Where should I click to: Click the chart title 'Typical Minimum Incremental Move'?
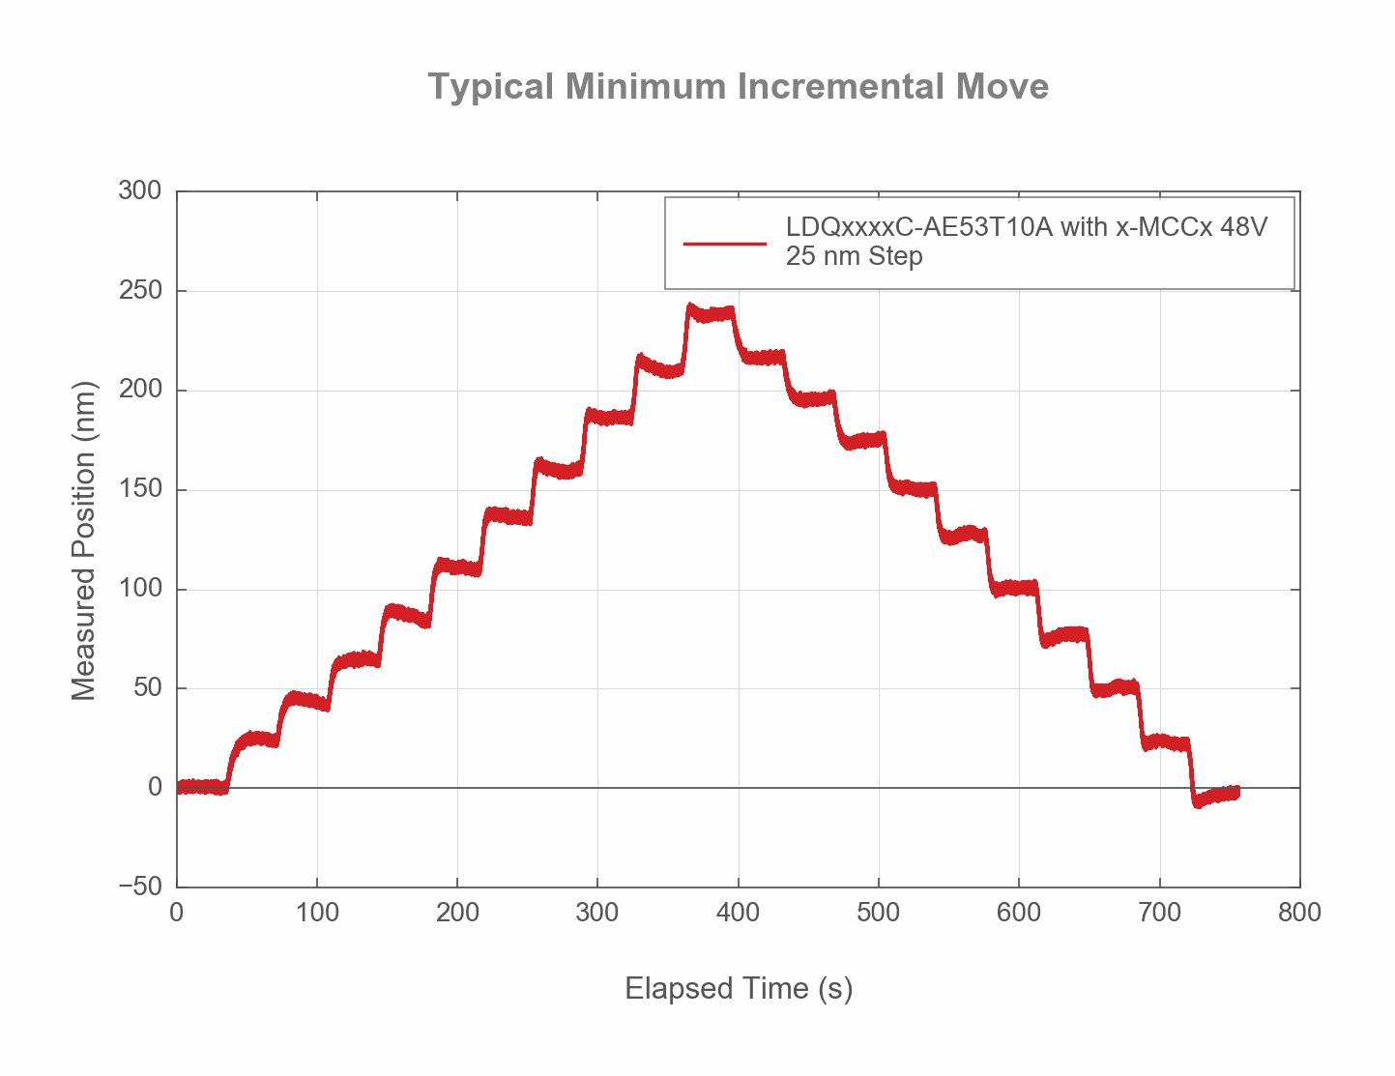pos(738,87)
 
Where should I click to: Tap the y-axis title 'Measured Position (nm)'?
pos(84,540)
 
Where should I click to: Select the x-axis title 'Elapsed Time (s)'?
pos(739,988)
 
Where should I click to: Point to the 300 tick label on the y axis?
pos(139,191)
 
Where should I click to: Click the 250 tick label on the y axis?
pos(139,291)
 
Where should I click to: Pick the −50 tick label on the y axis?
pos(139,887)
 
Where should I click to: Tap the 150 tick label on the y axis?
pos(139,489)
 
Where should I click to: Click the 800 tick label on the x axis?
pos(1299,913)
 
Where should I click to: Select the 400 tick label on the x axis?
pos(738,913)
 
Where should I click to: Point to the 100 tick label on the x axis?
pos(317,913)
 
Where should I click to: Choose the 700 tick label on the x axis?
pos(1159,913)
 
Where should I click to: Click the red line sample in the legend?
pos(724,243)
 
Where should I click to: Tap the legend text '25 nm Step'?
pos(854,257)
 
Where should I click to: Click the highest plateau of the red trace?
pos(712,314)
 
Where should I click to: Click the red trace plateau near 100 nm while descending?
pos(1015,588)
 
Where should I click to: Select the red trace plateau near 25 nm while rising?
pos(257,740)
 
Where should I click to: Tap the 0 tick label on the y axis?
pos(155,787)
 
